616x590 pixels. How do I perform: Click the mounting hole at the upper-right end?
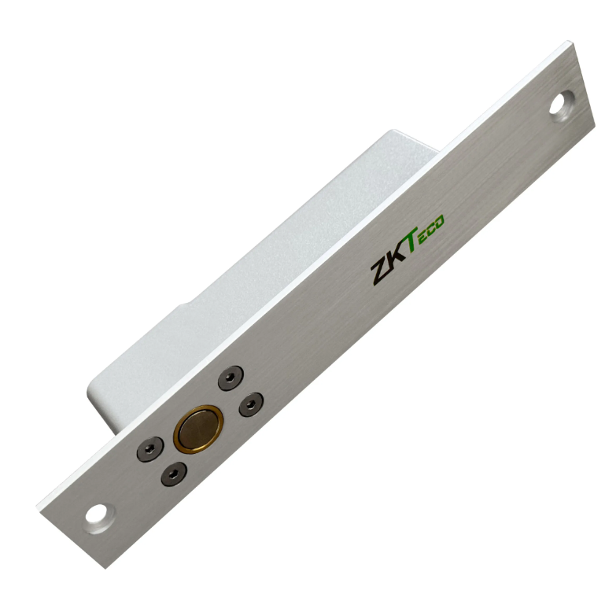(x=562, y=102)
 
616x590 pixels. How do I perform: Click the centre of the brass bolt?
(x=198, y=428)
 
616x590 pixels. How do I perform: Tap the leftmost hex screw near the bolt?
(x=150, y=448)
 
